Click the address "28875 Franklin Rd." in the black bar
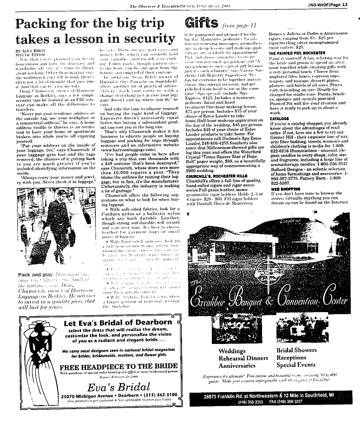[230, 396]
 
